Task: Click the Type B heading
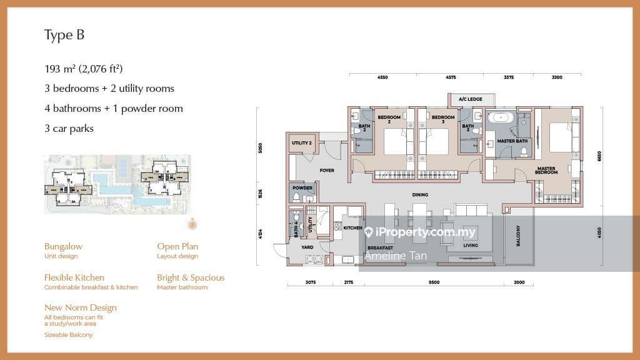64,35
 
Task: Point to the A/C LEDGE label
471,99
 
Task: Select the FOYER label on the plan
326,170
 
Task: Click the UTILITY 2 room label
301,143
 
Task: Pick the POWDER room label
302,187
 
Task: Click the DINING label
420,195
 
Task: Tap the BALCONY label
519,236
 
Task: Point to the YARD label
307,247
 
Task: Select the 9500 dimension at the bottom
434,282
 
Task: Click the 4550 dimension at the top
382,77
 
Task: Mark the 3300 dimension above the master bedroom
557,77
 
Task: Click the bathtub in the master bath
502,117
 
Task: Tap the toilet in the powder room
296,198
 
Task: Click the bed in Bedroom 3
437,141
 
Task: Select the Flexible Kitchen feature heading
74,277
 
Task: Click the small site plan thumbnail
117,184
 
